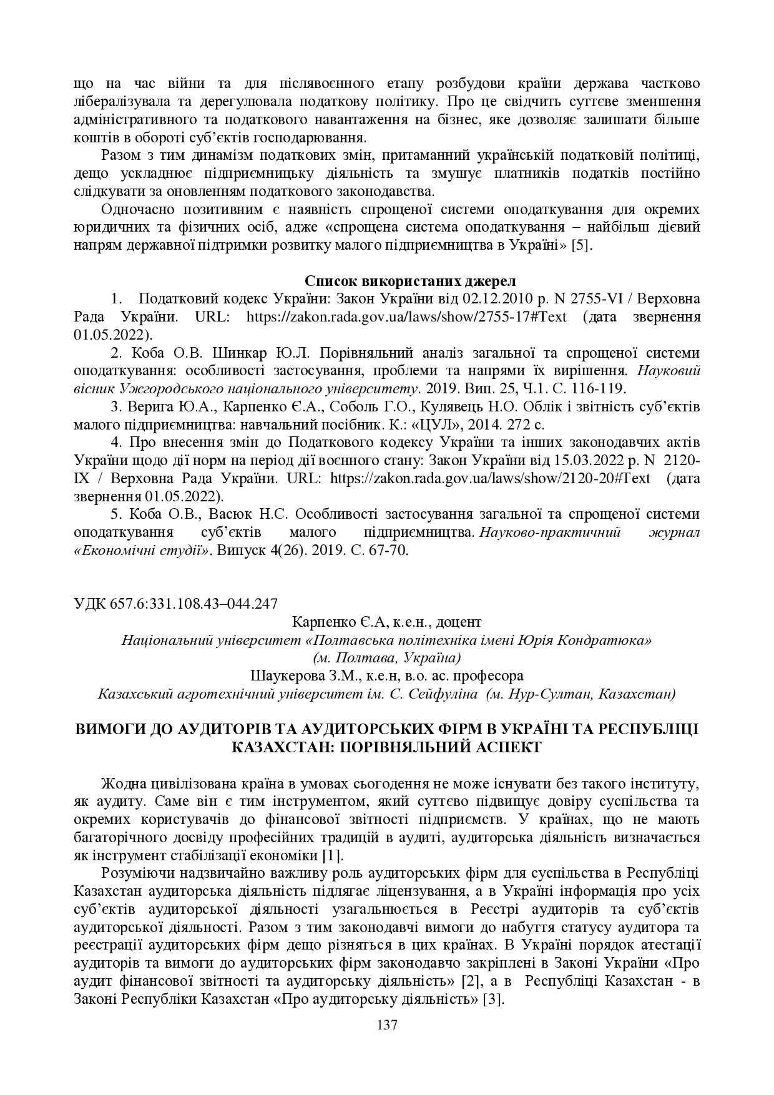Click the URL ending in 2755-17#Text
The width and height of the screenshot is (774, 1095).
pos(406,317)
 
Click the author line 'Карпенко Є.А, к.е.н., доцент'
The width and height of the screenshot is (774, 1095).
pos(386,622)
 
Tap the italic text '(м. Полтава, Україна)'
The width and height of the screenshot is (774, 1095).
pos(386,657)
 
